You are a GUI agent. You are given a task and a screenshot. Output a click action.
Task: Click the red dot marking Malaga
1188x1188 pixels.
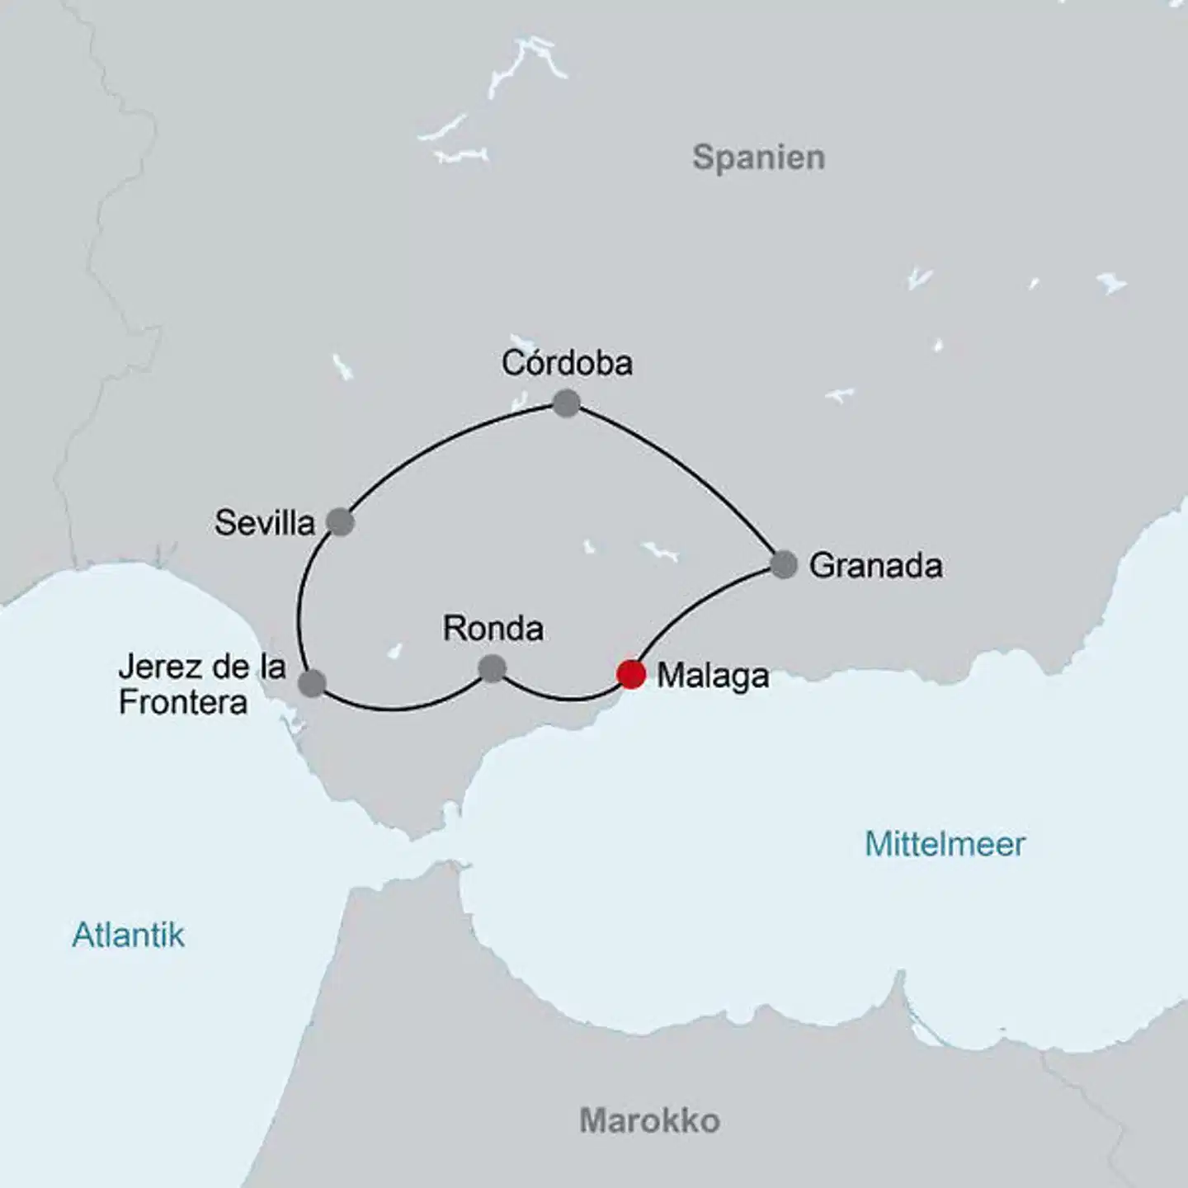point(631,673)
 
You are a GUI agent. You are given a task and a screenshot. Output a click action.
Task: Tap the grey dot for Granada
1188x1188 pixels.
point(784,564)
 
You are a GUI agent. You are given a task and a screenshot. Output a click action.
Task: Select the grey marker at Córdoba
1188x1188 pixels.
point(566,403)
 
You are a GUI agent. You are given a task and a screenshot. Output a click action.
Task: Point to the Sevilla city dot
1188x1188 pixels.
point(340,521)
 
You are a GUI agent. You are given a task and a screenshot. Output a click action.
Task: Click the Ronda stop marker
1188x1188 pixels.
point(492,667)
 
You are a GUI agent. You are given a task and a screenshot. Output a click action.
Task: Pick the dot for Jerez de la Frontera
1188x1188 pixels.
point(312,683)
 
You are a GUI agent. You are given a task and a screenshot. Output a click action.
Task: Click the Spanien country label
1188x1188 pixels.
point(758,157)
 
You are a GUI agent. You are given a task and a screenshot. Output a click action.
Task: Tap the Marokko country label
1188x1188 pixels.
point(649,1120)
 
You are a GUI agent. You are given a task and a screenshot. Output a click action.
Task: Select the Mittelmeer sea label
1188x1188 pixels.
point(945,844)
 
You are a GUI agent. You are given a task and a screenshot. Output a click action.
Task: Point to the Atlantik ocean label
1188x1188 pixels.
point(129,935)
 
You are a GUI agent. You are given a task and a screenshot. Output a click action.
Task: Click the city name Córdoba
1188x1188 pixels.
point(567,363)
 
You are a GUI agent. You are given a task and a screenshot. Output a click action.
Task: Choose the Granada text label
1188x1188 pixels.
point(875,566)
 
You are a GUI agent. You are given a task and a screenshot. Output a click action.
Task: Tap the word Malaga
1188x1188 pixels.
point(713,676)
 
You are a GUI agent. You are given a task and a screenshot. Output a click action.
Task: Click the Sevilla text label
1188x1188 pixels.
point(265,523)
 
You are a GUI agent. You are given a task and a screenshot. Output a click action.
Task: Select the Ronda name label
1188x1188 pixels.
point(493,629)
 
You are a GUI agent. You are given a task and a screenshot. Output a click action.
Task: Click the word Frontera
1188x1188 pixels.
point(183,703)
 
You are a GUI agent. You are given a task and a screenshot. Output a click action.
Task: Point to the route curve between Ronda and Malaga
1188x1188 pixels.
point(565,698)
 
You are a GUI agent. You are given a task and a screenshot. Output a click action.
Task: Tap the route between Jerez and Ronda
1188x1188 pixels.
point(396,708)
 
